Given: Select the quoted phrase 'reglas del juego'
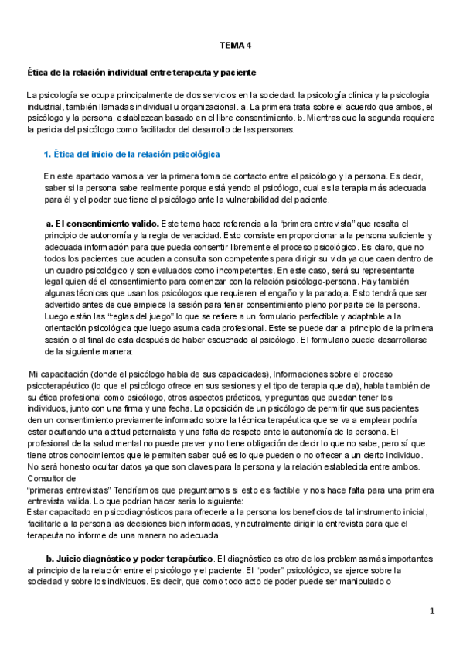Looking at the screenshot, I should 118,317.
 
